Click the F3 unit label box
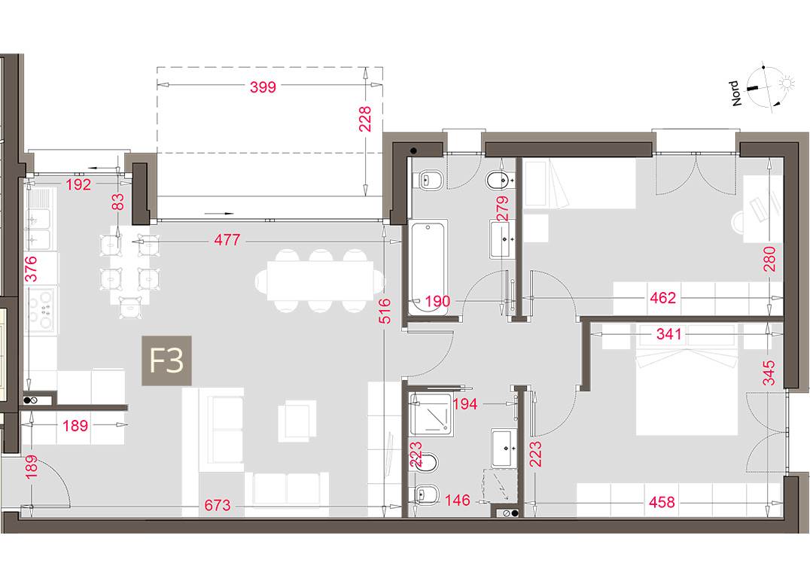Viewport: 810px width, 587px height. [x=167, y=360]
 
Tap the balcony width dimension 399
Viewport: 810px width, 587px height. [x=263, y=87]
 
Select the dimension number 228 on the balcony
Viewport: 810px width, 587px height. [x=365, y=119]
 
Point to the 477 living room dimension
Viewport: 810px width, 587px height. [x=227, y=240]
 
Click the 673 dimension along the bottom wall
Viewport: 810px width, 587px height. [x=218, y=504]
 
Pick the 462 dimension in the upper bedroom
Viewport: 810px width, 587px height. [x=662, y=298]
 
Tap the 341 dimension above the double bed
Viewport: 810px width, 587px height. [x=669, y=335]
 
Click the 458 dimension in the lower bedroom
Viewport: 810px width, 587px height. [x=661, y=502]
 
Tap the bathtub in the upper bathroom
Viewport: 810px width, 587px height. [x=428, y=267]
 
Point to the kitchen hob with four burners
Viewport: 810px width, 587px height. [x=40, y=310]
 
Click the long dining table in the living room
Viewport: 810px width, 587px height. [x=320, y=281]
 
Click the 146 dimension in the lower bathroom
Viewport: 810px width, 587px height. [x=458, y=500]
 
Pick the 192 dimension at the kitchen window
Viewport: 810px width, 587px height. [x=78, y=184]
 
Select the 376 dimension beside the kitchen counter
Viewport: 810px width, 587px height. [x=31, y=269]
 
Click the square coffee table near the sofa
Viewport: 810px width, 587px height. [x=296, y=421]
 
